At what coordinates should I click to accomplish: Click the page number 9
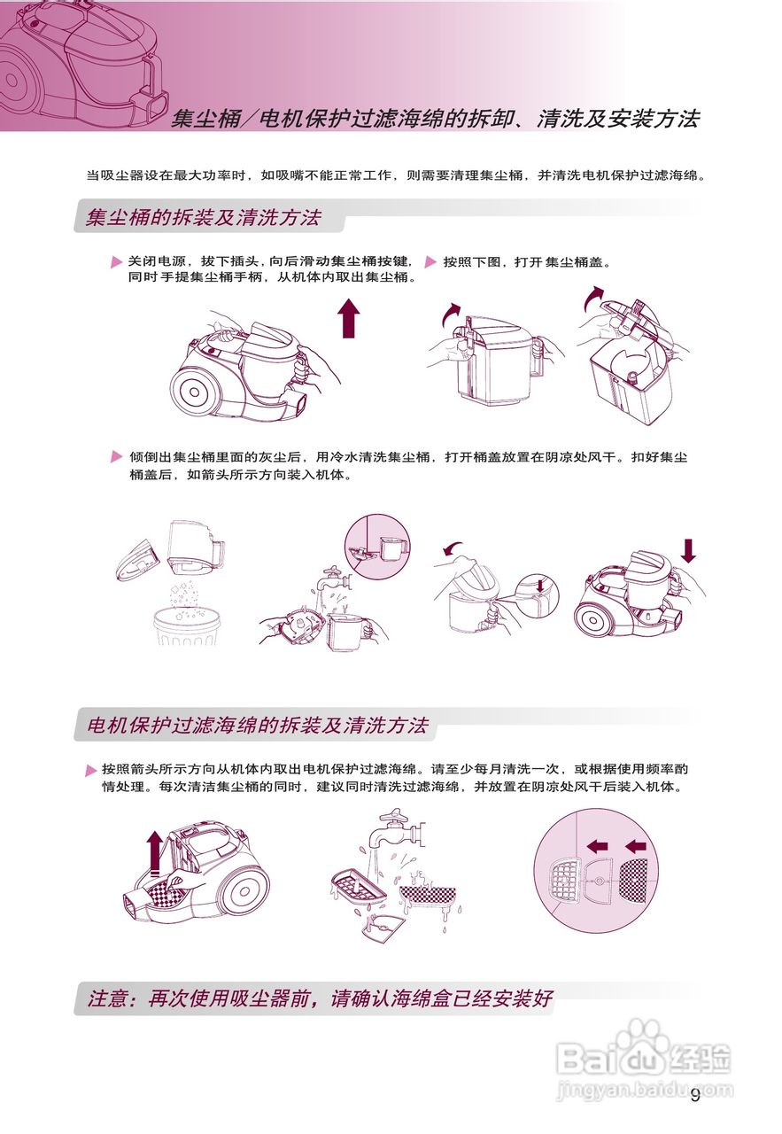695,1096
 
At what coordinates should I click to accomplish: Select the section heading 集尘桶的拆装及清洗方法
204,217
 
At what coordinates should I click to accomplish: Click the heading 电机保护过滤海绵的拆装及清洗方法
257,726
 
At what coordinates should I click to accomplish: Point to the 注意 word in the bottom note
111,998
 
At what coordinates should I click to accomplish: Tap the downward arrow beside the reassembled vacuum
688,550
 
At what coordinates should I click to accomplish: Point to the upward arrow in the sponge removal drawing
156,852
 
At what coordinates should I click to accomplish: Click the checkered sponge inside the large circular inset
636,878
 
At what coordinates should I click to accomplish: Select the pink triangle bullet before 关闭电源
117,263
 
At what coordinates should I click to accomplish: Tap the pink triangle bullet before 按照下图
431,263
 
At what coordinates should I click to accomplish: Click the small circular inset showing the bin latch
377,547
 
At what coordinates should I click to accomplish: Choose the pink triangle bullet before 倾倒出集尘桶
117,457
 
